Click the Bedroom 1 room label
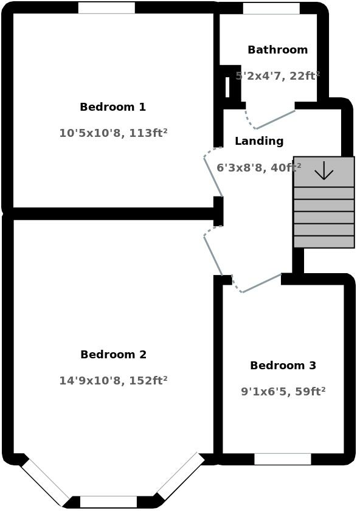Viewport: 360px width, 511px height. pos(112,107)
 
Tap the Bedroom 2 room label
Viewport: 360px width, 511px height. pos(113,355)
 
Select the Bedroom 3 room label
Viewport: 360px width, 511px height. pos(283,366)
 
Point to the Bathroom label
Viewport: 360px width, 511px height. pos(277,49)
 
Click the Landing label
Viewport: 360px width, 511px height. pos(259,141)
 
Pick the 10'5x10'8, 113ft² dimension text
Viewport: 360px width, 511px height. pos(113,133)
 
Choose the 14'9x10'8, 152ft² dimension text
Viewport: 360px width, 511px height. pos(113,380)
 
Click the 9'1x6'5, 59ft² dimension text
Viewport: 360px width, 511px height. pos(283,391)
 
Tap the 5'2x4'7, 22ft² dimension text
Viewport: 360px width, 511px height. pos(277,75)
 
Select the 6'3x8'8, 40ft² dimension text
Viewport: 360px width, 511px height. pos(259,167)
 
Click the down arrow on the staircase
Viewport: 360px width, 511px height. pos(324,170)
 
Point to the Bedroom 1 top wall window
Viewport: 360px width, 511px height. pos(106,8)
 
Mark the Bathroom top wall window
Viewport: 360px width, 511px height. pos(271,9)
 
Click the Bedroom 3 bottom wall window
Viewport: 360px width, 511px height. pos(283,459)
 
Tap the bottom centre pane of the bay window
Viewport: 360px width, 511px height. pos(108,502)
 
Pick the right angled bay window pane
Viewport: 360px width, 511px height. pos(181,476)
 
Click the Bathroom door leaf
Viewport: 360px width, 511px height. pos(275,120)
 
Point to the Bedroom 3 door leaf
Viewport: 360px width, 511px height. pos(262,283)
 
